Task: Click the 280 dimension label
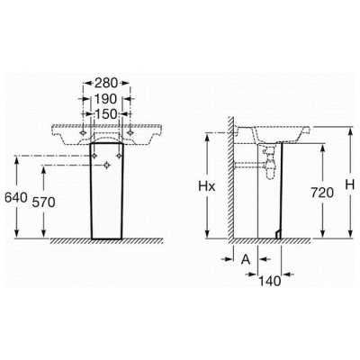pyautogui.click(x=106, y=83)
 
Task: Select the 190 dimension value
pyautogui.click(x=105, y=98)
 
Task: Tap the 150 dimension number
pyautogui.click(x=106, y=113)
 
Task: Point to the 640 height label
pyautogui.click(x=16, y=197)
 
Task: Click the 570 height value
pyautogui.click(x=44, y=202)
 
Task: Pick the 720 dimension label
pyautogui.click(x=322, y=193)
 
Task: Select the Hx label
pyautogui.click(x=207, y=186)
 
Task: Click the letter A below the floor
pyautogui.click(x=246, y=259)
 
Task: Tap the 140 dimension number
pyautogui.click(x=269, y=281)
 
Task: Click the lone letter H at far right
pyautogui.click(x=350, y=184)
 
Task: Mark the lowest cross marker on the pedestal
pyautogui.click(x=106, y=165)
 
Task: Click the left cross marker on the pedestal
pyautogui.click(x=94, y=156)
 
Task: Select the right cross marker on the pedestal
pyautogui.click(x=119, y=156)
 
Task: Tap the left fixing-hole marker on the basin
pyautogui.click(x=83, y=132)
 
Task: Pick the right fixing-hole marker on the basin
pyautogui.click(x=130, y=132)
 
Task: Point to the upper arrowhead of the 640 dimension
pyautogui.click(x=17, y=160)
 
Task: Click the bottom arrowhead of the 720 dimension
pyautogui.click(x=322, y=234)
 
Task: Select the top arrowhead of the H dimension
pyautogui.click(x=350, y=131)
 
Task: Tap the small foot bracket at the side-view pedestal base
pyautogui.click(x=278, y=234)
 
